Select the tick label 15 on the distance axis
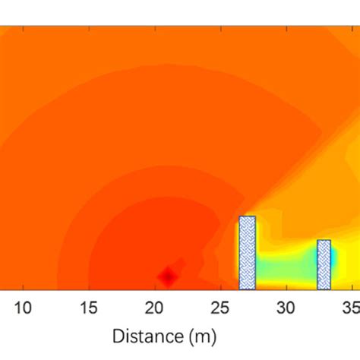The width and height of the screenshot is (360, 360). coord(90,308)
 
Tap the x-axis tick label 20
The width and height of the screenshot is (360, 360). coord(155,308)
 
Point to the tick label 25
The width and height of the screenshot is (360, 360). coord(220,308)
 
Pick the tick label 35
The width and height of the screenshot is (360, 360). coord(350,308)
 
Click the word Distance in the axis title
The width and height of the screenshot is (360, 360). coord(147,335)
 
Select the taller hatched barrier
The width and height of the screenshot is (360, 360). coord(247,253)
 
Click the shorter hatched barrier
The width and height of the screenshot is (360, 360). coord(324,264)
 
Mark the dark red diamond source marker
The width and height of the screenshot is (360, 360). coord(169,276)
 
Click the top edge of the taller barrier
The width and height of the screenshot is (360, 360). coord(247,217)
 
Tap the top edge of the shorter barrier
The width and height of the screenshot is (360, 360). coord(324,241)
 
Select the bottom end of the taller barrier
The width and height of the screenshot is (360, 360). coord(247,287)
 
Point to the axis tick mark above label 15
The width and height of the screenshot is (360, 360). coord(90,287)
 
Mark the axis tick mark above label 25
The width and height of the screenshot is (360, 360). coord(220,287)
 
